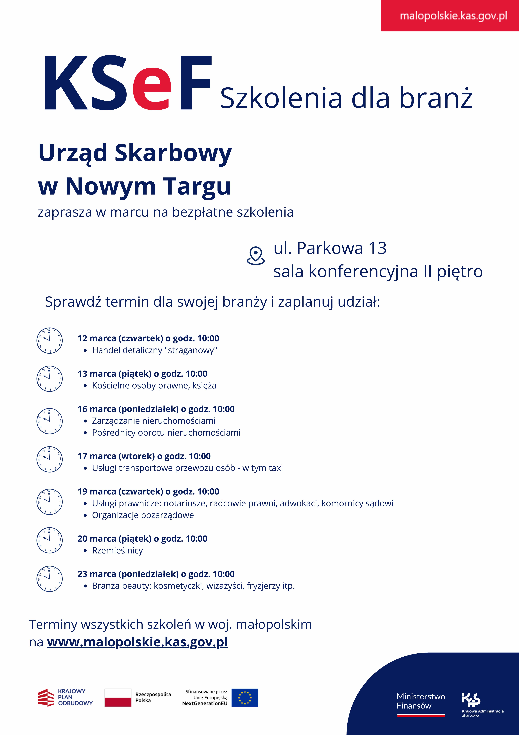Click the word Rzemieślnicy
click(117, 550)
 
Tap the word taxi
click(276, 468)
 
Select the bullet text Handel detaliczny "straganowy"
click(154, 350)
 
